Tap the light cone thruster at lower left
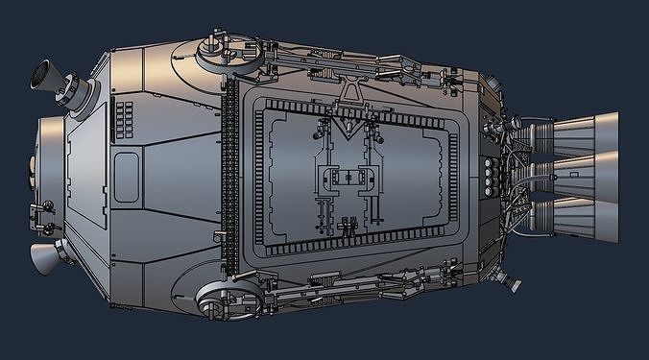click(x=44, y=256)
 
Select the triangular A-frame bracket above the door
click(x=352, y=92)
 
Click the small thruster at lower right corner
click(x=510, y=279)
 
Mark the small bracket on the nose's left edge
click(x=42, y=206)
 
